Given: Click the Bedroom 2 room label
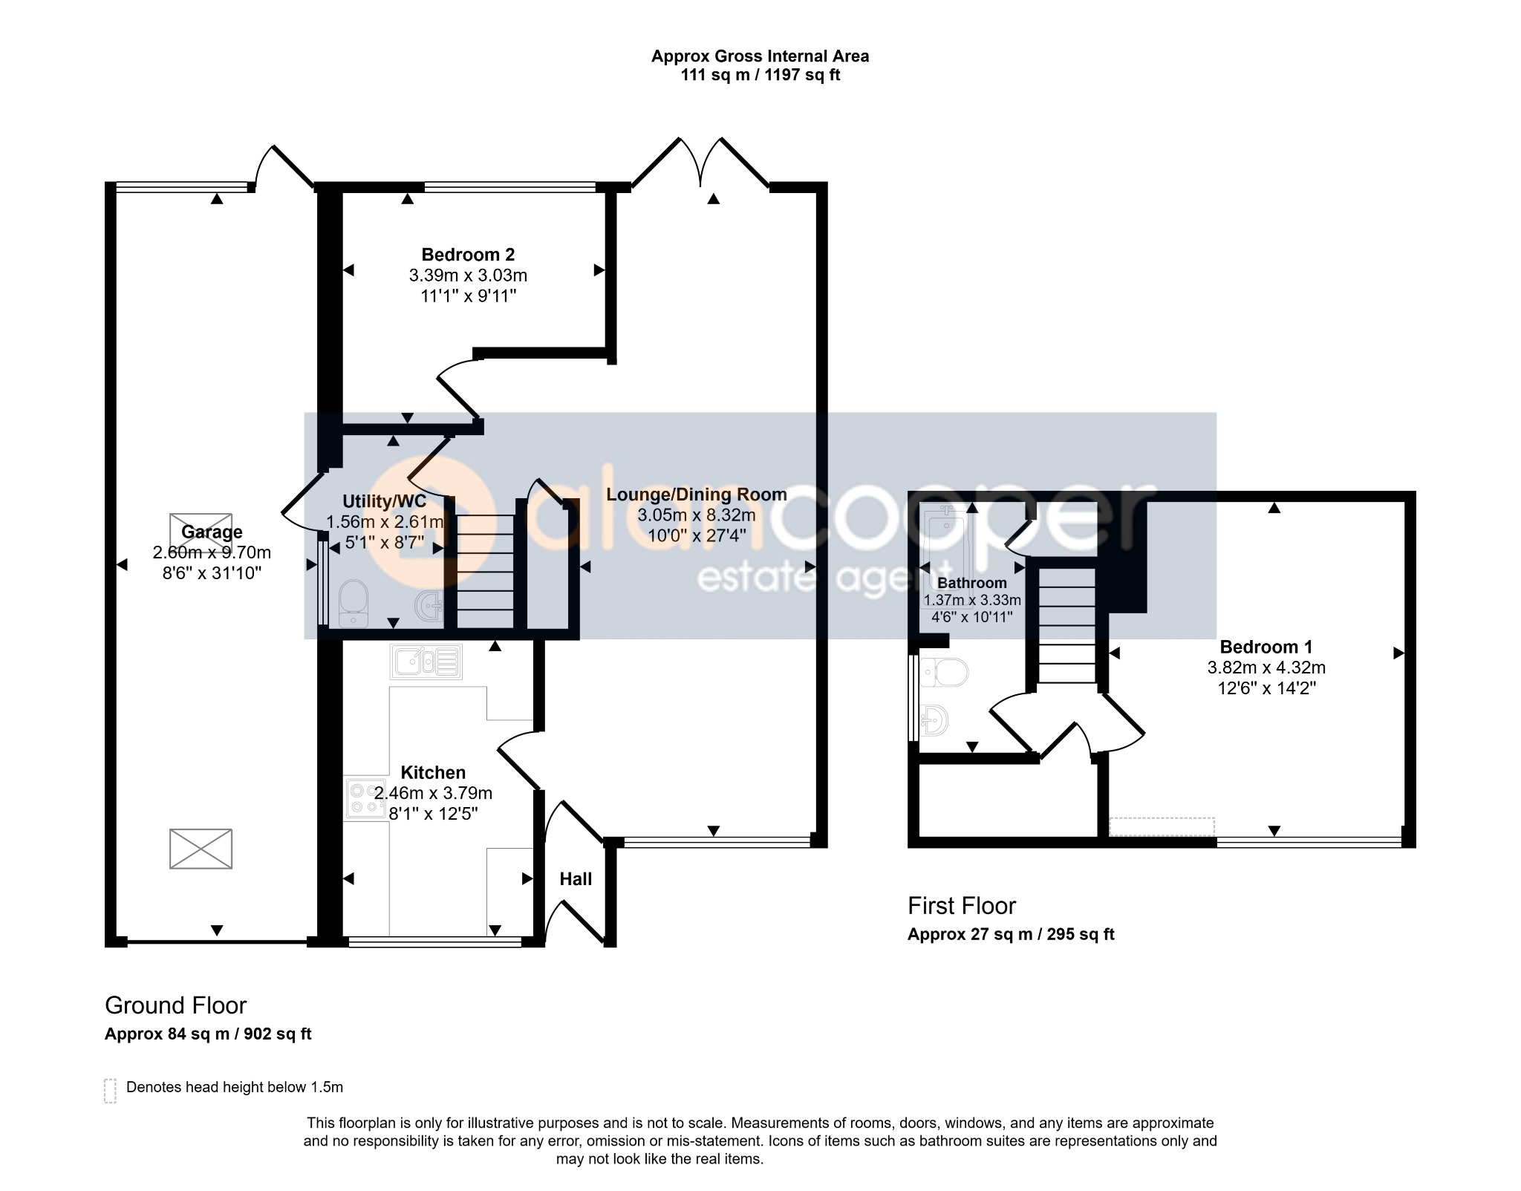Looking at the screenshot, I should (x=468, y=255).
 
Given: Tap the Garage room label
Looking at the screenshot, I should (x=212, y=532).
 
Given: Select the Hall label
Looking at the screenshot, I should (x=576, y=879).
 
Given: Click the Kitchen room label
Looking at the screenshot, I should (x=433, y=772).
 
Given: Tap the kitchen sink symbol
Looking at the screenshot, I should (x=426, y=661).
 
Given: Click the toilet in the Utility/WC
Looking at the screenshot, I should (x=354, y=602).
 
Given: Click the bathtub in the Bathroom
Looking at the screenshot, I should (x=942, y=546).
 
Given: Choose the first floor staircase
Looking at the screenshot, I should (x=1066, y=625).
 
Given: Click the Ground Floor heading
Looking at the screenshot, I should (x=175, y=1005).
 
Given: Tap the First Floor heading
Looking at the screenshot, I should (x=962, y=906).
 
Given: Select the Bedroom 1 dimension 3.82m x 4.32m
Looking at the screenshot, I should (x=1266, y=668).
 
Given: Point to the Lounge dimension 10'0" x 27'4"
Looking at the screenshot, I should (x=696, y=535).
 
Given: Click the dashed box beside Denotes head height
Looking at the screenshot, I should (x=111, y=1090).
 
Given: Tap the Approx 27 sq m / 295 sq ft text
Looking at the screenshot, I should (x=1011, y=934).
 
